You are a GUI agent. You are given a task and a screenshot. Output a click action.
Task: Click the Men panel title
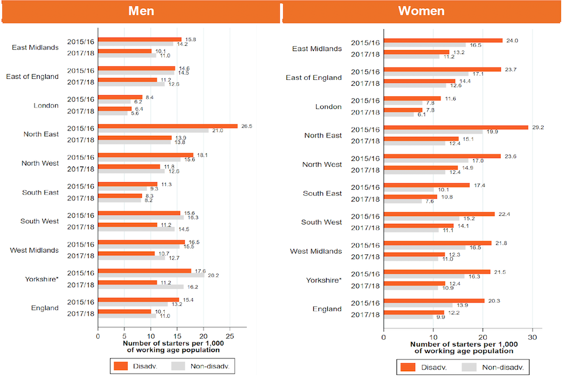[140, 11]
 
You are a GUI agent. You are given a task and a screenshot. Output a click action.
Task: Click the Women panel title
[421, 11]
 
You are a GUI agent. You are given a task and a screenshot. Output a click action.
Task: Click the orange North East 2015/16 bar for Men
[168, 126]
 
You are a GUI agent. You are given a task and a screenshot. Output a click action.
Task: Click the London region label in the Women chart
[328, 107]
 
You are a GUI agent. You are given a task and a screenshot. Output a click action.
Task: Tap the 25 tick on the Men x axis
[230, 337]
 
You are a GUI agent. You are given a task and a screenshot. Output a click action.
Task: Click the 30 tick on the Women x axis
[532, 338]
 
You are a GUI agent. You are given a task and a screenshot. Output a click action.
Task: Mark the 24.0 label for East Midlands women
[511, 41]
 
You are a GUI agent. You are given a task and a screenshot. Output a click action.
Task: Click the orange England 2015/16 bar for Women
[433, 300]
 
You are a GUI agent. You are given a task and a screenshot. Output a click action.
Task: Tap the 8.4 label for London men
[150, 97]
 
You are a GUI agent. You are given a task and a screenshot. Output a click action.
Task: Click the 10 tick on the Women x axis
[433, 338]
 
